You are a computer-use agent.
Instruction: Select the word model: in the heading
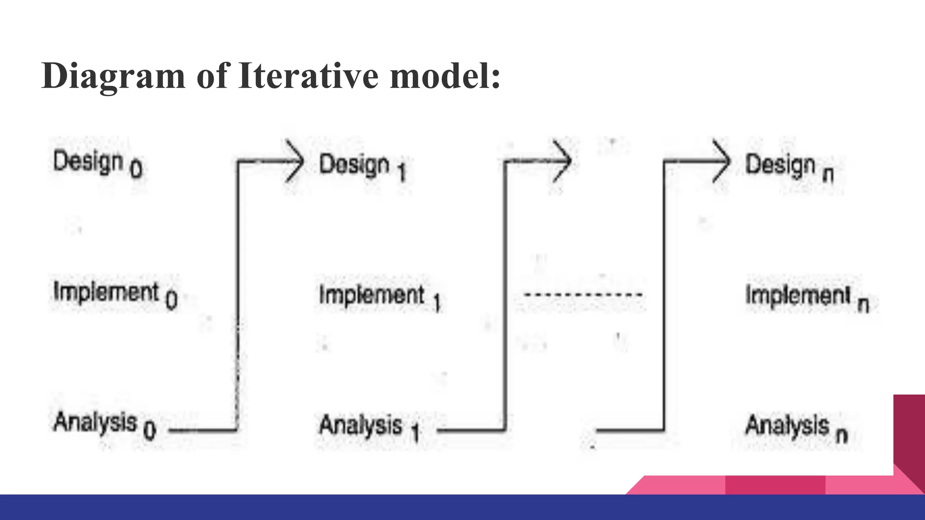click(x=445, y=76)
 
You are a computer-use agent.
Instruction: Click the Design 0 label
click(x=97, y=163)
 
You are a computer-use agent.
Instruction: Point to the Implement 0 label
click(x=115, y=295)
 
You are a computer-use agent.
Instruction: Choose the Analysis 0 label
click(x=104, y=425)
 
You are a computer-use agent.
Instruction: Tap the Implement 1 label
click(x=379, y=297)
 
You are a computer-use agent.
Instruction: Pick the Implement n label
click(x=807, y=298)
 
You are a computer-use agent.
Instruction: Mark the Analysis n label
click(x=796, y=428)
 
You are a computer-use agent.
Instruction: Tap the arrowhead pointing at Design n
click(x=722, y=161)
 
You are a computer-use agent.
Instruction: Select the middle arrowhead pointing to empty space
click(x=563, y=161)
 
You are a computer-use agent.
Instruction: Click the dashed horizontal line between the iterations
click(x=583, y=295)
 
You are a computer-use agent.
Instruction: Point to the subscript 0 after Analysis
click(x=149, y=430)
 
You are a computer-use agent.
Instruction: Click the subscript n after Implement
click(x=863, y=305)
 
